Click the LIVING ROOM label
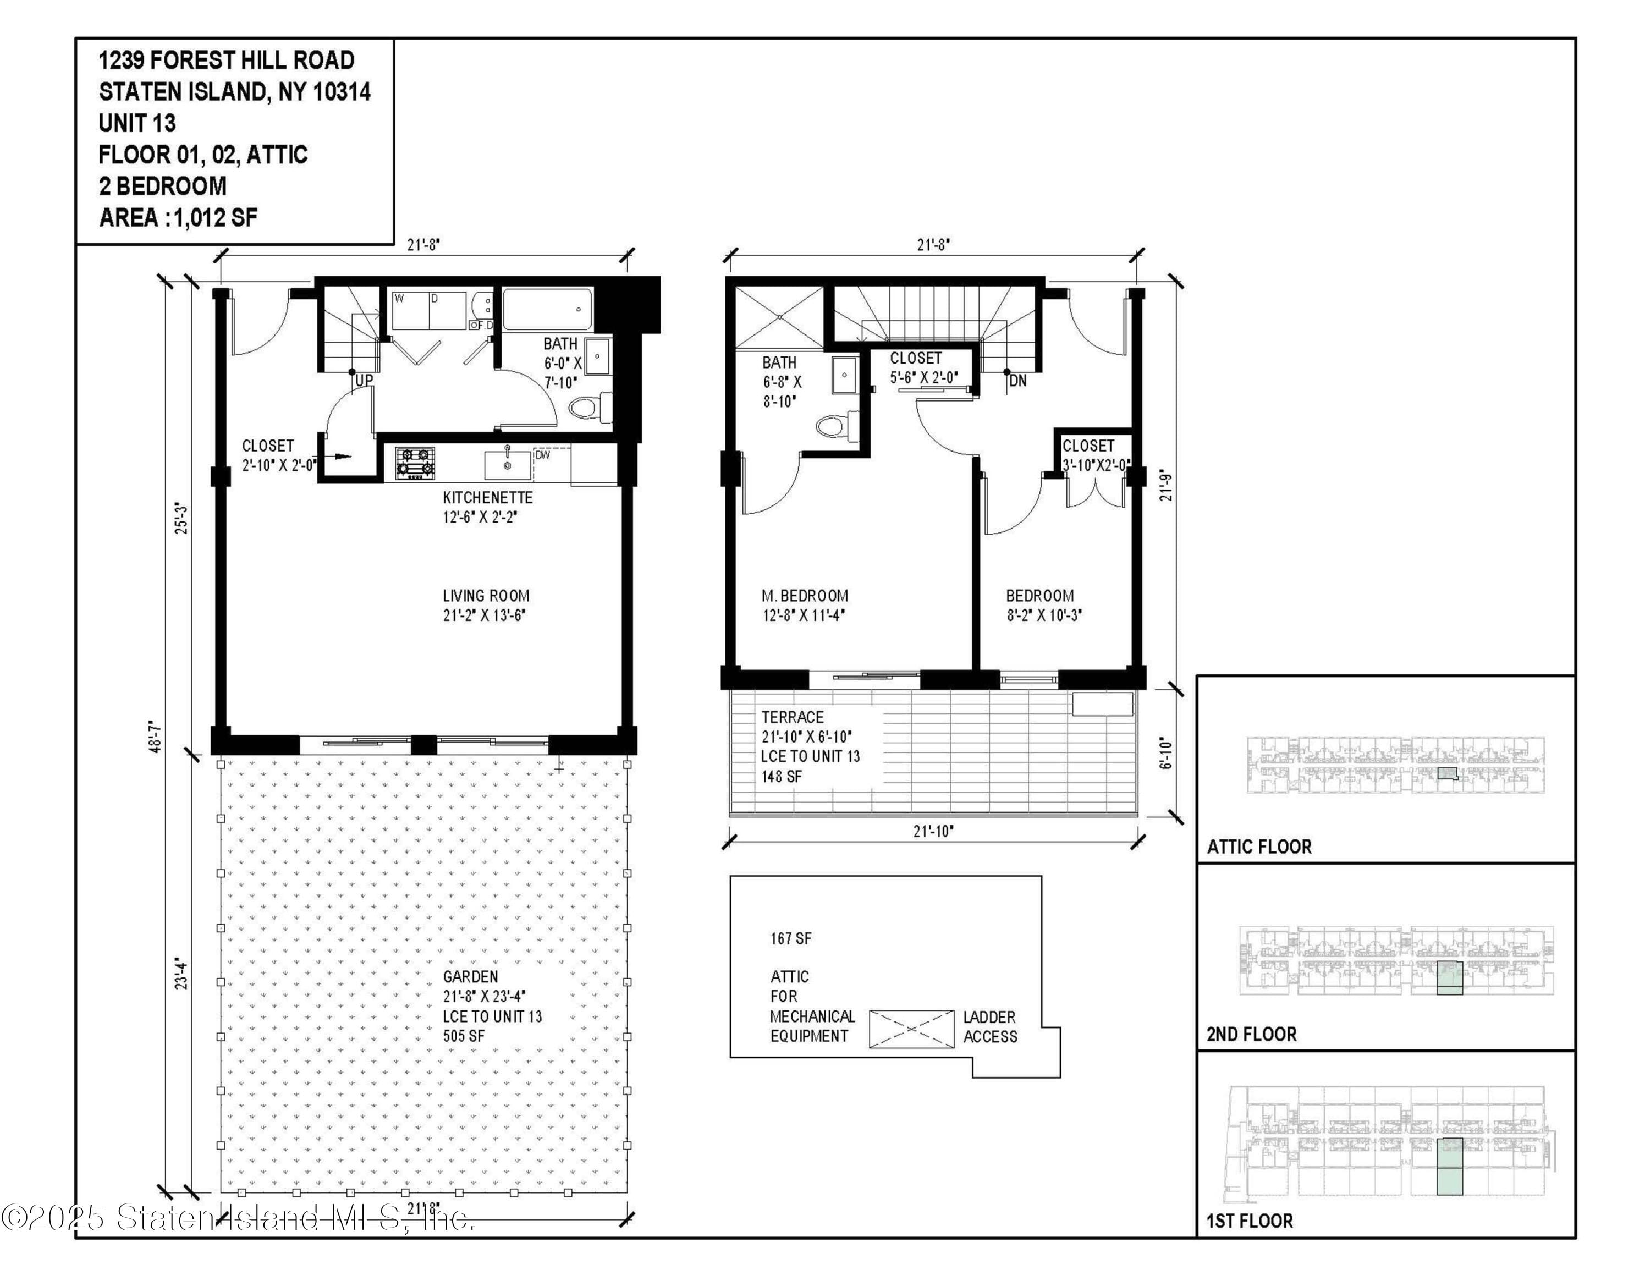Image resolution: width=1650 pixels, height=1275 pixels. tap(486, 596)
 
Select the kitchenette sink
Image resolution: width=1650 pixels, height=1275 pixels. tap(506, 463)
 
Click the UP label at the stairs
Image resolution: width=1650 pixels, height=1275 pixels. tap(364, 381)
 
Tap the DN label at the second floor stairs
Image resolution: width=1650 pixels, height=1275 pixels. tap(1018, 381)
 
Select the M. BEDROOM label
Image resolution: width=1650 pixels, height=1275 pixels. tap(805, 596)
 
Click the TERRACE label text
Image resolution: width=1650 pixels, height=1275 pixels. tap(792, 717)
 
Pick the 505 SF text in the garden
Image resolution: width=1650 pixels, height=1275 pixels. tap(464, 1036)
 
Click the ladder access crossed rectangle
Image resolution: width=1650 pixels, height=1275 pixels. tap(911, 1028)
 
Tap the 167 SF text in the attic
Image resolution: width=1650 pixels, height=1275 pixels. tap(791, 938)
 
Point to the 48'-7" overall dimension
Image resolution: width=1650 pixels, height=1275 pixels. tap(156, 736)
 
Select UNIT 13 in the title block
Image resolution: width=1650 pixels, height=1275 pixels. tap(137, 123)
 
